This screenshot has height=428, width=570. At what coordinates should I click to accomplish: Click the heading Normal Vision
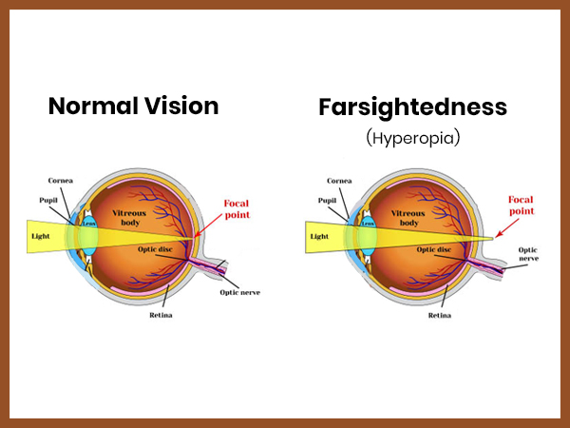pos(133,106)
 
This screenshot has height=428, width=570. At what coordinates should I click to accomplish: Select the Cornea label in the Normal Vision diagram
pos(60,181)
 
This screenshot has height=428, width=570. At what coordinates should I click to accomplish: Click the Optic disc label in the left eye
pos(156,249)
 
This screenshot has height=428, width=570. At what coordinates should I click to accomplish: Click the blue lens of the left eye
pos(85,233)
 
